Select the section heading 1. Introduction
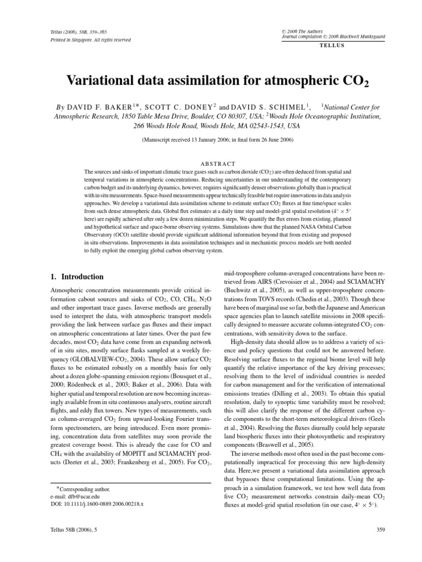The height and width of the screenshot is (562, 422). tap(73, 277)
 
